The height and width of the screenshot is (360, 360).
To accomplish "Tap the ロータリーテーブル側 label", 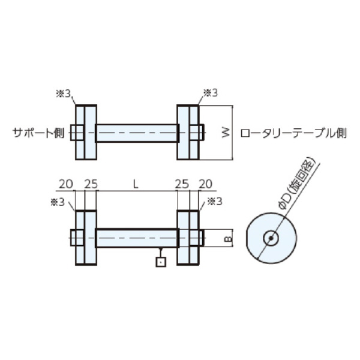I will (293, 133).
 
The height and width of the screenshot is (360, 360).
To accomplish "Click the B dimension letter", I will (227, 239).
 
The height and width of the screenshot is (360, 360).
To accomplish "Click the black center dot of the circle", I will (271, 238).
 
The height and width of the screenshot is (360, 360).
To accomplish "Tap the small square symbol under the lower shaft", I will (160, 262).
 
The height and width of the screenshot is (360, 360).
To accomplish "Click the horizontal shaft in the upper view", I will (136, 133).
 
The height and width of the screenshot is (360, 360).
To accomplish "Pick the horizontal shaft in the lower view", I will (136, 238).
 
